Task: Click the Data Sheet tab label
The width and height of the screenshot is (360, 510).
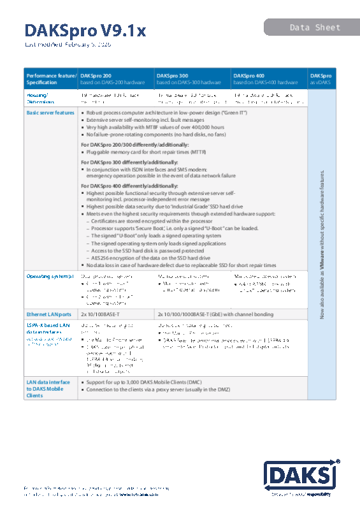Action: (x=315, y=27)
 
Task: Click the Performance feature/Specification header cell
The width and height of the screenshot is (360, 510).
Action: (x=51, y=78)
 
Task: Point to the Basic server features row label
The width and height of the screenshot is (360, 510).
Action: (x=50, y=113)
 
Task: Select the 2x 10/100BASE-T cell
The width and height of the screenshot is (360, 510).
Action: (x=104, y=314)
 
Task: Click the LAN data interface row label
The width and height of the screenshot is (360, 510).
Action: (x=48, y=389)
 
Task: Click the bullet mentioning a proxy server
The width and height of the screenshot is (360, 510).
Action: (x=157, y=389)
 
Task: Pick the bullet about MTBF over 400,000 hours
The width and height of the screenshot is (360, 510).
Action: (x=155, y=127)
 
